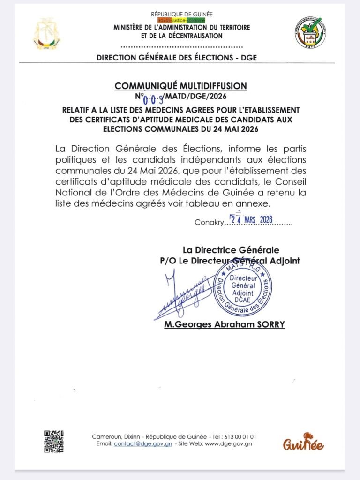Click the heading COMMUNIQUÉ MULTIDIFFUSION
click(x=181, y=86)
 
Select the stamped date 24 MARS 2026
click(x=251, y=220)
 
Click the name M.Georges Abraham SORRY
click(x=225, y=324)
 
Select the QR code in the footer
click(x=54, y=441)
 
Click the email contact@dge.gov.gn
click(x=143, y=443)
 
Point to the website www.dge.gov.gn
click(x=228, y=443)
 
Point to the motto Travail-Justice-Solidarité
click(x=181, y=21)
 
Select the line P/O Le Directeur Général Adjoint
click(x=230, y=261)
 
